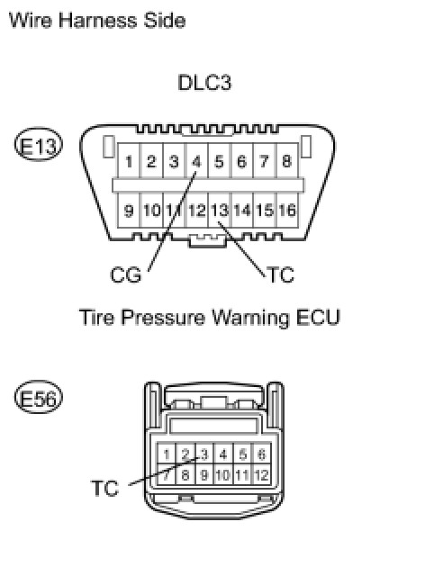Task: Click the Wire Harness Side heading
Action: point(96,19)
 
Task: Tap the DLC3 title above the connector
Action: point(204,84)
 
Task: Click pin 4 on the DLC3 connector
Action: point(197,162)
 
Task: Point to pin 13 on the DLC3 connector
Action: point(220,211)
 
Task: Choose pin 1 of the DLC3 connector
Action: point(131,162)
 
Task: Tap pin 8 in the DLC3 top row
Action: point(286,162)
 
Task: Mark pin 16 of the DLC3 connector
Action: point(286,211)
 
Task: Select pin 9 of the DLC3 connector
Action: point(130,211)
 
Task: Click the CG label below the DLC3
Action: point(126,275)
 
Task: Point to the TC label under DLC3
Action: point(280,275)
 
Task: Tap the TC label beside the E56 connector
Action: point(105,489)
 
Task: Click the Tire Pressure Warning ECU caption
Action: point(210,318)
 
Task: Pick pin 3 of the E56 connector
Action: point(204,454)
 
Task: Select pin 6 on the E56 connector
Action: point(261,454)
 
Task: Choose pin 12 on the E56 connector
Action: point(261,472)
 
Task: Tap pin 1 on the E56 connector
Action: point(167,454)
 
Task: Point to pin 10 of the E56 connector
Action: point(223,472)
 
